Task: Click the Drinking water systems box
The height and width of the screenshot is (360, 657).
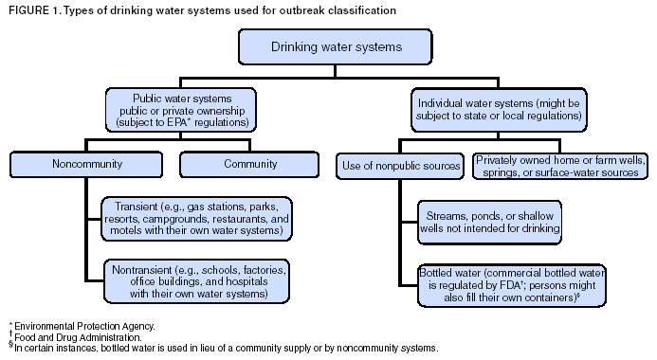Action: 328,45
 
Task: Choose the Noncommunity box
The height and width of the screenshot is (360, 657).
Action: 84,164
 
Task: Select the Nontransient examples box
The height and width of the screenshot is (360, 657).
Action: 198,281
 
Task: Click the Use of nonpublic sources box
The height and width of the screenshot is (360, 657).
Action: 399,166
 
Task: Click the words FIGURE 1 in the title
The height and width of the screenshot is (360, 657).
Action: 31,9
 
